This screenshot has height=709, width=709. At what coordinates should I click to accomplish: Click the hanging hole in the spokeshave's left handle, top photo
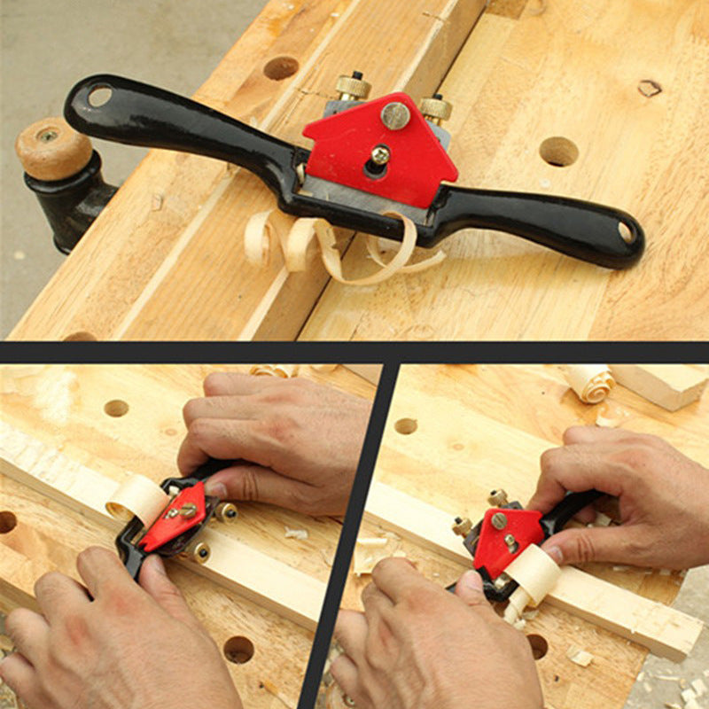[99, 94]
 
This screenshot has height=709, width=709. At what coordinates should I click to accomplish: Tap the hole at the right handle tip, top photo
[627, 232]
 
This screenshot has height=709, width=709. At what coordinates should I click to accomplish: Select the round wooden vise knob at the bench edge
[53, 149]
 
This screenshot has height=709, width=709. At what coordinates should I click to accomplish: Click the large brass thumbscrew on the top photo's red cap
[395, 115]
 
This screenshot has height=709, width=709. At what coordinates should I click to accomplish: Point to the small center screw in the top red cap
[380, 156]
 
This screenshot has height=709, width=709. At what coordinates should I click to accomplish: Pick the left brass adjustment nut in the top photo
[353, 86]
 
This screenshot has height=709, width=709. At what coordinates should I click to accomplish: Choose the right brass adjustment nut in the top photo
[435, 108]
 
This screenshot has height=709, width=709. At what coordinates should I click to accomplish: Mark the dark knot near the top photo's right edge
[650, 88]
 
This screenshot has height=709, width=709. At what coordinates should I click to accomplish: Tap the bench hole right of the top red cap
[558, 152]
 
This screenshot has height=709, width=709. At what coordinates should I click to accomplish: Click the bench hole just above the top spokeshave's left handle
[281, 68]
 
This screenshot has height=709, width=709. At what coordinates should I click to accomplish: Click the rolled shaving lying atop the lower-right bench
[590, 382]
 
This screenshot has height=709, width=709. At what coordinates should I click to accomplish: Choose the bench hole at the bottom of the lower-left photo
[238, 650]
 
